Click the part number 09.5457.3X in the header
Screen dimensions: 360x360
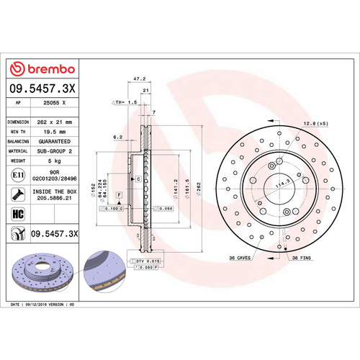click(x=42, y=89)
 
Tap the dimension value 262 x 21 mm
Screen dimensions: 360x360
click(x=55, y=122)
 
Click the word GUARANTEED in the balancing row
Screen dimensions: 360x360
click(x=55, y=143)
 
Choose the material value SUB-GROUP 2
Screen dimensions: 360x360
click(x=55, y=152)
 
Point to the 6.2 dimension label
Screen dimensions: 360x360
click(x=117, y=136)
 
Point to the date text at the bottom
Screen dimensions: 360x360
click(x=43, y=305)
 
